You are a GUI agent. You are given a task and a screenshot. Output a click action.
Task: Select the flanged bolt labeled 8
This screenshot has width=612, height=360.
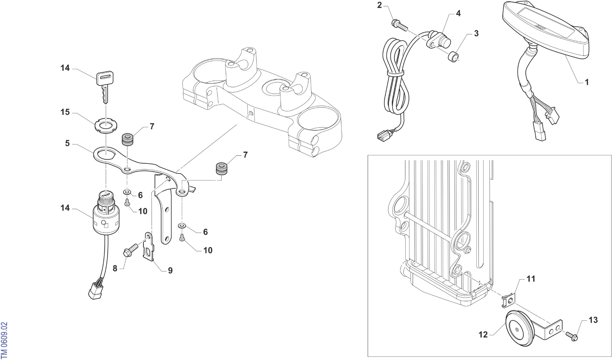(130, 250)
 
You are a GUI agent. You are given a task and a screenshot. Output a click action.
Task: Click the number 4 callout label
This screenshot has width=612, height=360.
(458, 13)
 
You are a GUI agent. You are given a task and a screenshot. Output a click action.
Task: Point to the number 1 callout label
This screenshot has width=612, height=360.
(586, 82)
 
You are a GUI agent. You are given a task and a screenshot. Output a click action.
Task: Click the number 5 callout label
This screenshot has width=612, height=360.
(67, 143)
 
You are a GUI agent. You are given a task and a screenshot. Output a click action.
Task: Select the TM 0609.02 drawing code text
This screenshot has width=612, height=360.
(4, 340)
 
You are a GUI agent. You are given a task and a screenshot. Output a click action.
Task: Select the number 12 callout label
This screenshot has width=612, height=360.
(483, 334)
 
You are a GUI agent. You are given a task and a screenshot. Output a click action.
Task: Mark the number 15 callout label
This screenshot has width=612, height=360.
(65, 112)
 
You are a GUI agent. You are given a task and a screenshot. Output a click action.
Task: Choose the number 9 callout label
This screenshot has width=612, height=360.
(170, 271)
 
